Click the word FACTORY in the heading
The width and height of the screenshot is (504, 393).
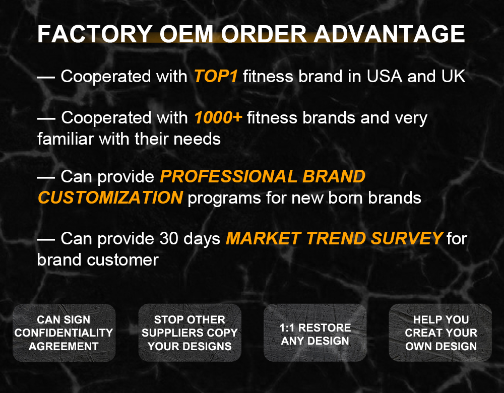95,34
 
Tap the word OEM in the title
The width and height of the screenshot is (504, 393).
186,34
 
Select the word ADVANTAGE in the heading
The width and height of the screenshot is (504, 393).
389,34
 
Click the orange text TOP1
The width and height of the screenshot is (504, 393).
216,77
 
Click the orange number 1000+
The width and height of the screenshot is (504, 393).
218,117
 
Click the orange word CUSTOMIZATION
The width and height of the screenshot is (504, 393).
110,198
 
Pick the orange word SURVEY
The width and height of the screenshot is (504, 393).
407,238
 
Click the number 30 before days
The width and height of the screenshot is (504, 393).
169,238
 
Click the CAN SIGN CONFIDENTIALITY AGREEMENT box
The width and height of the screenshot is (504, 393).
64,333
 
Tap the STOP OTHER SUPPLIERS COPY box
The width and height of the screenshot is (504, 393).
190,333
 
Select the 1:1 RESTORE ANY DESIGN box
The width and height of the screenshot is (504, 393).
315,333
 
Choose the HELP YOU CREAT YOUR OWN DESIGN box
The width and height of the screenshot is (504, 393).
440,333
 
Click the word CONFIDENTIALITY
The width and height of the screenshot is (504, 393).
64,333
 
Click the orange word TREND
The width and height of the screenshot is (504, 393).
336,238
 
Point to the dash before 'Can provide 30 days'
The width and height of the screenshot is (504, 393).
46,239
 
